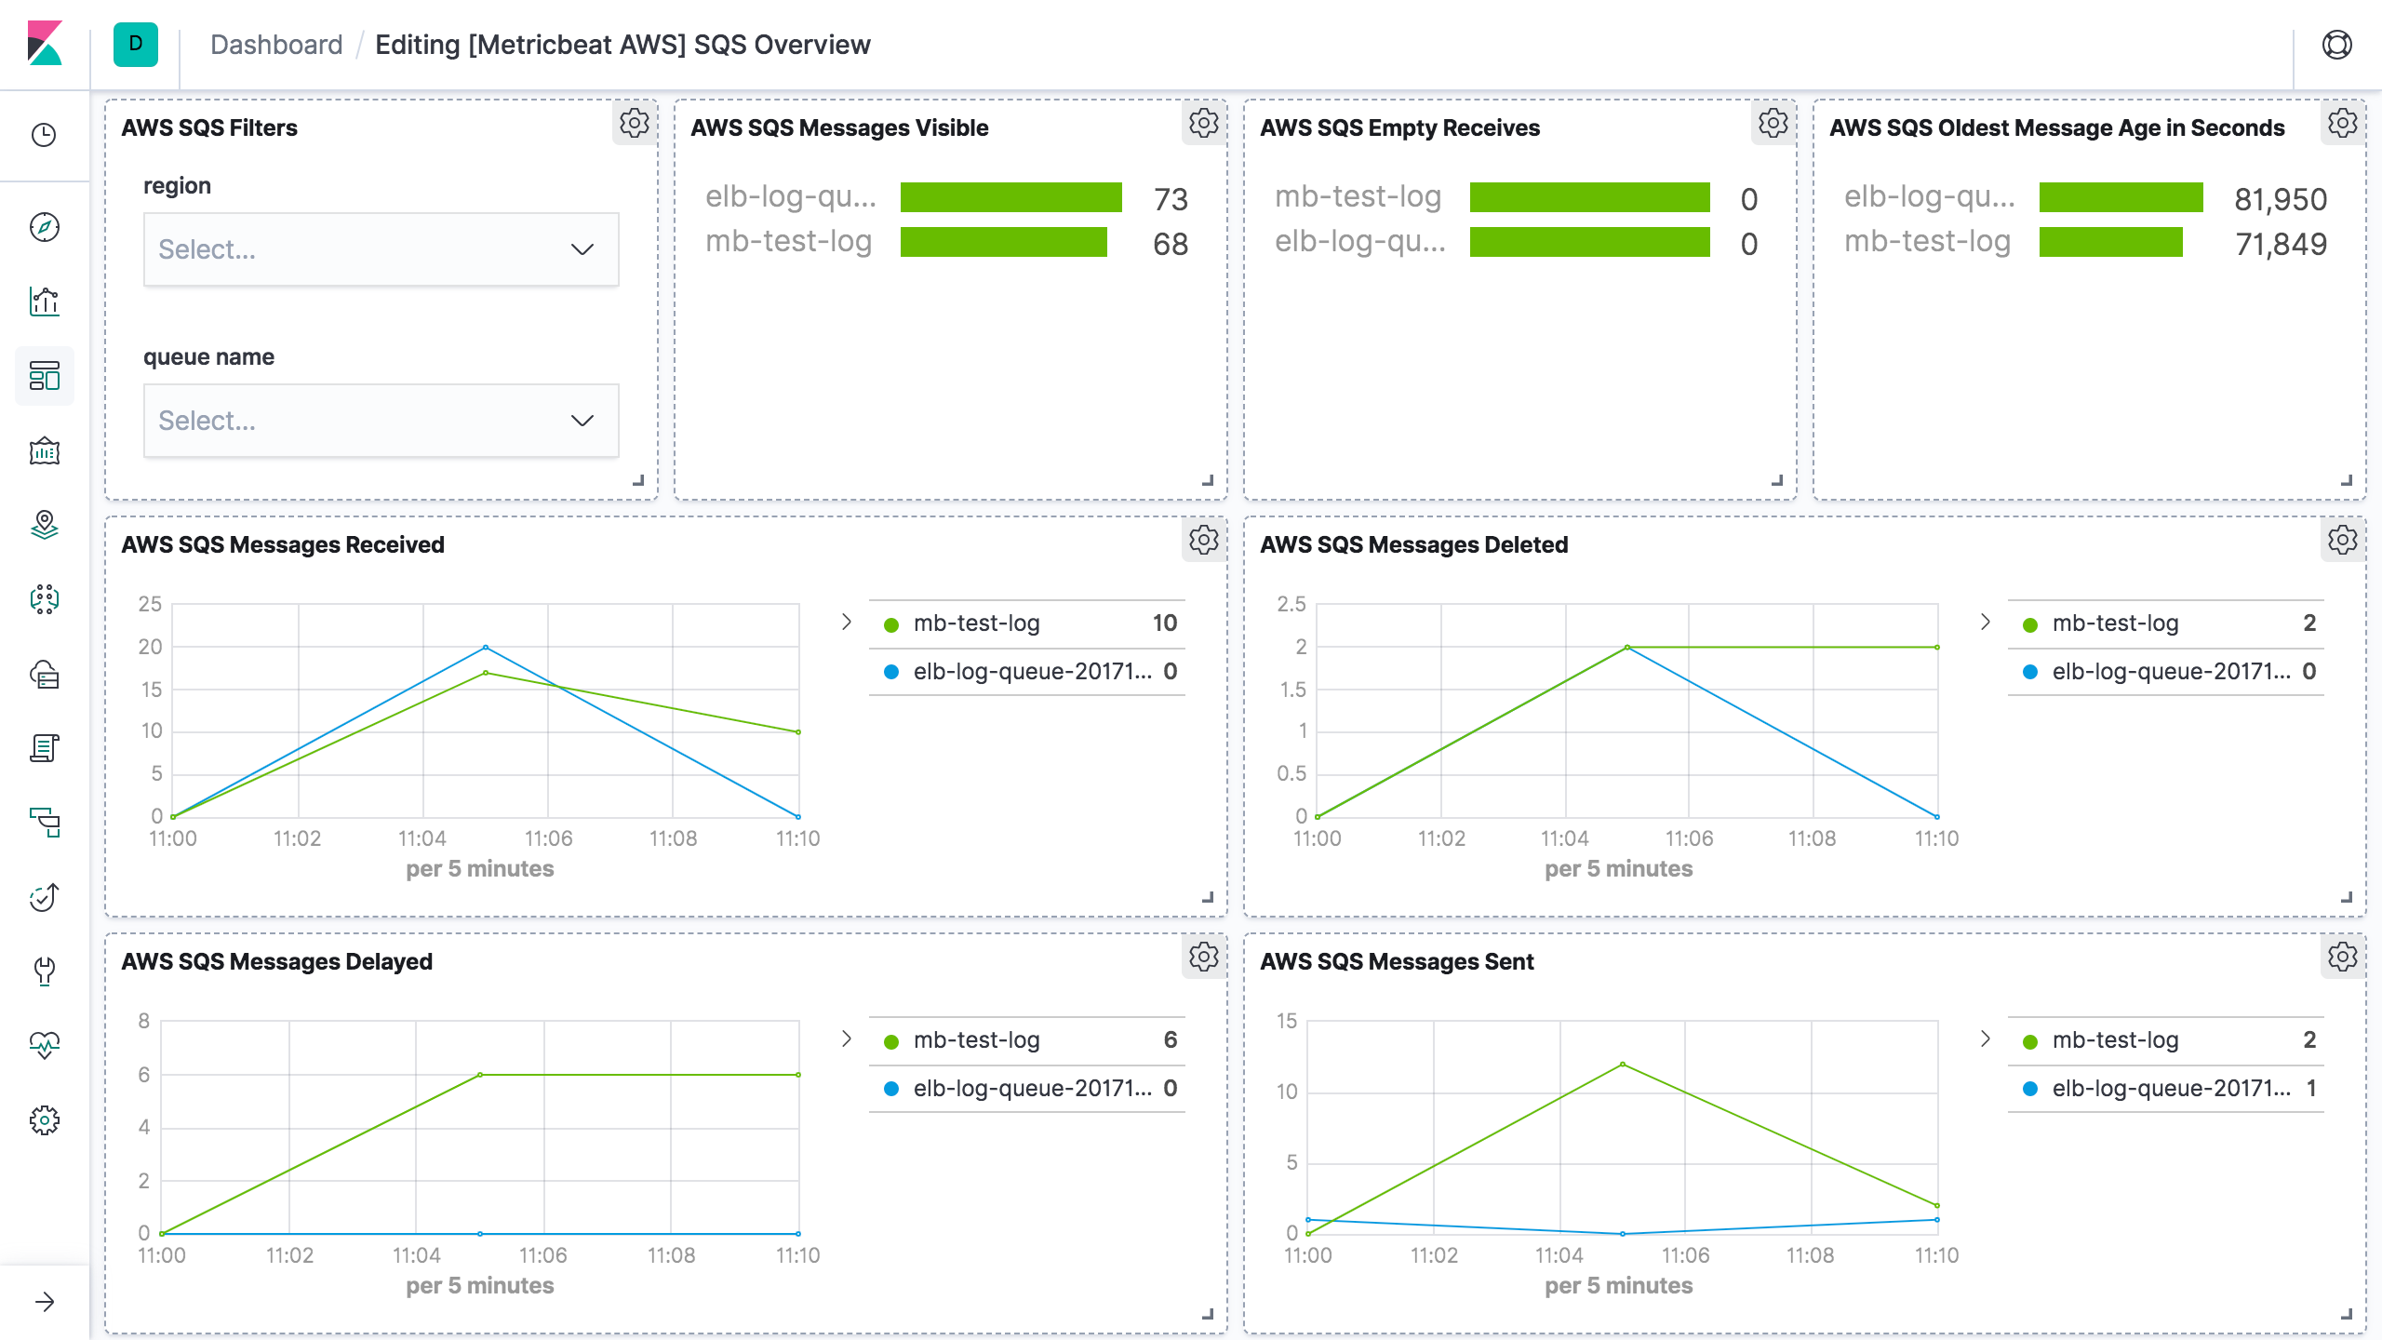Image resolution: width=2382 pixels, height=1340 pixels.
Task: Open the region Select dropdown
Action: click(x=380, y=249)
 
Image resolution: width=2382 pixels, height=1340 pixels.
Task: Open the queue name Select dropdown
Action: click(x=380, y=421)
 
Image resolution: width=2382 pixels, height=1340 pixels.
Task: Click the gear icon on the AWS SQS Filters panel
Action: click(x=635, y=123)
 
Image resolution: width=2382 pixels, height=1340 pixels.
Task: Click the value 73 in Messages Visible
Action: click(x=1171, y=199)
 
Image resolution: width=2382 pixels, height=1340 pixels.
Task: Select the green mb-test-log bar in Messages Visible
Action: click(x=1003, y=242)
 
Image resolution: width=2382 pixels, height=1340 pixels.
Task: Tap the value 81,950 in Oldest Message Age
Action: click(x=2280, y=199)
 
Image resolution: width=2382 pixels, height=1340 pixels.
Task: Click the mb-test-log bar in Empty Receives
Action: click(x=1589, y=197)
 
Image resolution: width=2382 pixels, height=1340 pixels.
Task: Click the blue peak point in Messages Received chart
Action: click(x=486, y=647)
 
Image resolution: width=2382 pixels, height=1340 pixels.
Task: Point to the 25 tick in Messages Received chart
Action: click(x=150, y=604)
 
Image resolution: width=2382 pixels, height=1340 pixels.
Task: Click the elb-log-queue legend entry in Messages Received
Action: click(x=1031, y=672)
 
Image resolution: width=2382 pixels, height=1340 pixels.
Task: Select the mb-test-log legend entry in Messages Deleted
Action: click(x=2114, y=623)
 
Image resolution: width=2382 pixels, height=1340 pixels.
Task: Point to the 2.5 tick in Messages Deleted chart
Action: click(x=1291, y=604)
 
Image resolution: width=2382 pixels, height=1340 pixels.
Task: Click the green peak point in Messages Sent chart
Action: click(x=1623, y=1064)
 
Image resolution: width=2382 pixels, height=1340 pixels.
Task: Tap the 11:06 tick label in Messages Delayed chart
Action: click(x=542, y=1255)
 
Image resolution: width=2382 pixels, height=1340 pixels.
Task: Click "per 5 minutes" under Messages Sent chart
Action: click(x=1618, y=1285)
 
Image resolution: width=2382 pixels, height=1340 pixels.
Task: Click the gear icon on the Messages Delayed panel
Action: click(x=1204, y=957)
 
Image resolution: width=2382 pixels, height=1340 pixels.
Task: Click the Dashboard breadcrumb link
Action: click(x=276, y=45)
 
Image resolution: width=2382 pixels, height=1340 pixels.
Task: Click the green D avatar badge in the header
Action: click(x=136, y=45)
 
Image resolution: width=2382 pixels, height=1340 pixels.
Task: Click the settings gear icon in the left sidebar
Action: click(x=45, y=1120)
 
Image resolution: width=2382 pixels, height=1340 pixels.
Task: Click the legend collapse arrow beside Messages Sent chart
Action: click(x=1985, y=1038)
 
